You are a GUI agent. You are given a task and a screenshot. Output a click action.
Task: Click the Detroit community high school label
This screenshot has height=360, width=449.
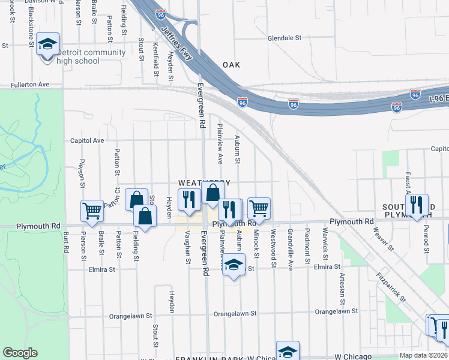(x=91, y=56)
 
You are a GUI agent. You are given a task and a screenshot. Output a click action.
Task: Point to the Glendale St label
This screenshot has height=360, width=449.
(x=284, y=37)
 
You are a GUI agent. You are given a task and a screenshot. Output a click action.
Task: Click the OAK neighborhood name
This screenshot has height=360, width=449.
(x=231, y=65)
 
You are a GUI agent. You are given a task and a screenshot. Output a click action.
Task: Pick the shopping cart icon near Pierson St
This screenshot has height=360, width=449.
(x=92, y=211)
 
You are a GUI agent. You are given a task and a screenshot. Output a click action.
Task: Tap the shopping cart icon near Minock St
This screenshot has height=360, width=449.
(x=259, y=208)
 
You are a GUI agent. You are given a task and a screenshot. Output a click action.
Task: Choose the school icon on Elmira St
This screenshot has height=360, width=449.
(x=234, y=264)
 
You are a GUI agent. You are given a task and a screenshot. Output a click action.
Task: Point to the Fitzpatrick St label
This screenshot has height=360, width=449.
(x=391, y=288)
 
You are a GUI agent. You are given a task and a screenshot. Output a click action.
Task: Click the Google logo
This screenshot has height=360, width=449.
(x=20, y=353)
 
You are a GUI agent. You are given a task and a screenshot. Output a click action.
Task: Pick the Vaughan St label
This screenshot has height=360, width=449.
(x=188, y=249)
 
